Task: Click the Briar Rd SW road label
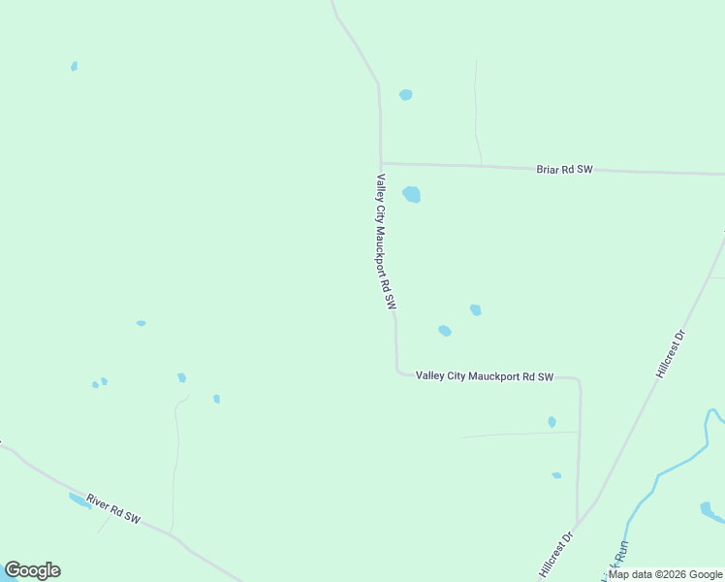[564, 170]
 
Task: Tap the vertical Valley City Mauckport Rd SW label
[386, 242]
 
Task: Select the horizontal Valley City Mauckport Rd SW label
[484, 376]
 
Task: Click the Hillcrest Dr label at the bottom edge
[555, 553]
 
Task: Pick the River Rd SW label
[113, 509]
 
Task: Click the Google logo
[32, 570]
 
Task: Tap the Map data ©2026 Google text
[665, 574]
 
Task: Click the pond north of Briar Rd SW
[405, 95]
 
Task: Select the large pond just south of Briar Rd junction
[412, 194]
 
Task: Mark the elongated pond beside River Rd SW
[79, 501]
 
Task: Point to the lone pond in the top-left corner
[74, 66]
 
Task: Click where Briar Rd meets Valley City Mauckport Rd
[381, 163]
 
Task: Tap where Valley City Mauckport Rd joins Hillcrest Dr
[579, 524]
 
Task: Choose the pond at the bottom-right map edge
[707, 508]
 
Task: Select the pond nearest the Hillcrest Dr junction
[556, 475]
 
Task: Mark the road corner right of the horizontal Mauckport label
[579, 379]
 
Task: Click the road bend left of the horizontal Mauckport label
[397, 371]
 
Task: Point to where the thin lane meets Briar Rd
[481, 164]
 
